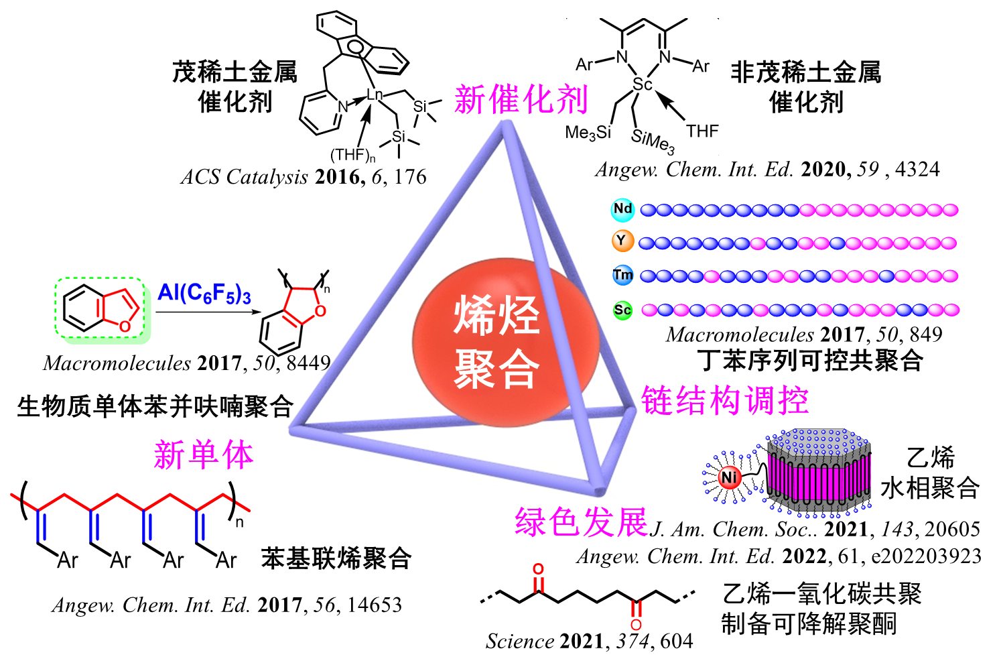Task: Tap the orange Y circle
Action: point(622,241)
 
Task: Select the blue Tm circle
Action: point(622,275)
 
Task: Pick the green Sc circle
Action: point(622,310)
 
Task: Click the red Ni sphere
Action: point(730,478)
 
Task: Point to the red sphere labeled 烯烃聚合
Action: point(505,342)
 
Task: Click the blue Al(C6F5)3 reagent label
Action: point(204,294)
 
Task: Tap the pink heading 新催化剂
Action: point(521,99)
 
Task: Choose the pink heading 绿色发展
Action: point(582,522)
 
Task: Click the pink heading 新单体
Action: point(204,454)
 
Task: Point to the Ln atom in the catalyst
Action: point(375,94)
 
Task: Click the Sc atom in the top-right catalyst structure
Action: point(643,84)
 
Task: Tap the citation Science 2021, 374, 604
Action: point(590,641)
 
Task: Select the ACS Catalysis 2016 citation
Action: point(304,177)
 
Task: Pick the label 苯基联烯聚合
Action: point(336,558)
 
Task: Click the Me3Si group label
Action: point(588,133)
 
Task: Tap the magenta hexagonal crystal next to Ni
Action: point(818,471)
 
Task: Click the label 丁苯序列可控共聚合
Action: point(809,360)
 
